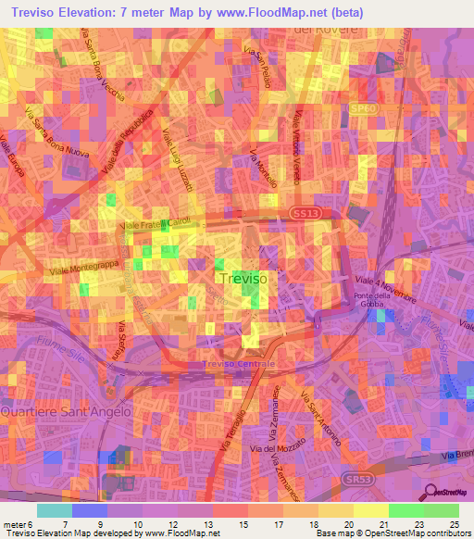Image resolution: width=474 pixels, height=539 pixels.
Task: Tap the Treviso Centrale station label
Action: (x=239, y=365)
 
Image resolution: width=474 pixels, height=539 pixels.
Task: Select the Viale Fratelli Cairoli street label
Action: (x=153, y=225)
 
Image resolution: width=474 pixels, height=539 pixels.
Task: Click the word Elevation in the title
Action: (x=98, y=13)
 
